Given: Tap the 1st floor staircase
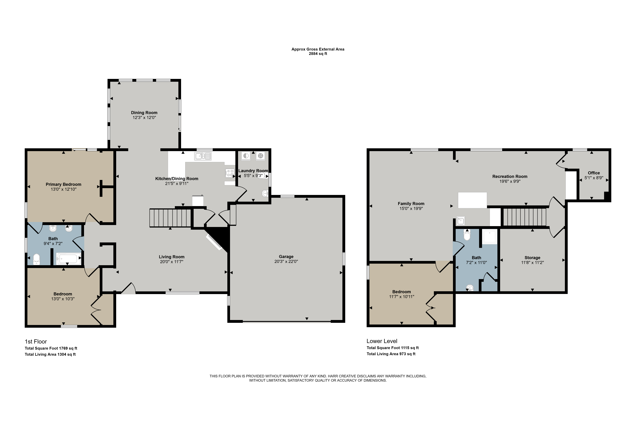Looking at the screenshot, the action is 170,218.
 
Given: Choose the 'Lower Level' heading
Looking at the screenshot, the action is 382,341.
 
